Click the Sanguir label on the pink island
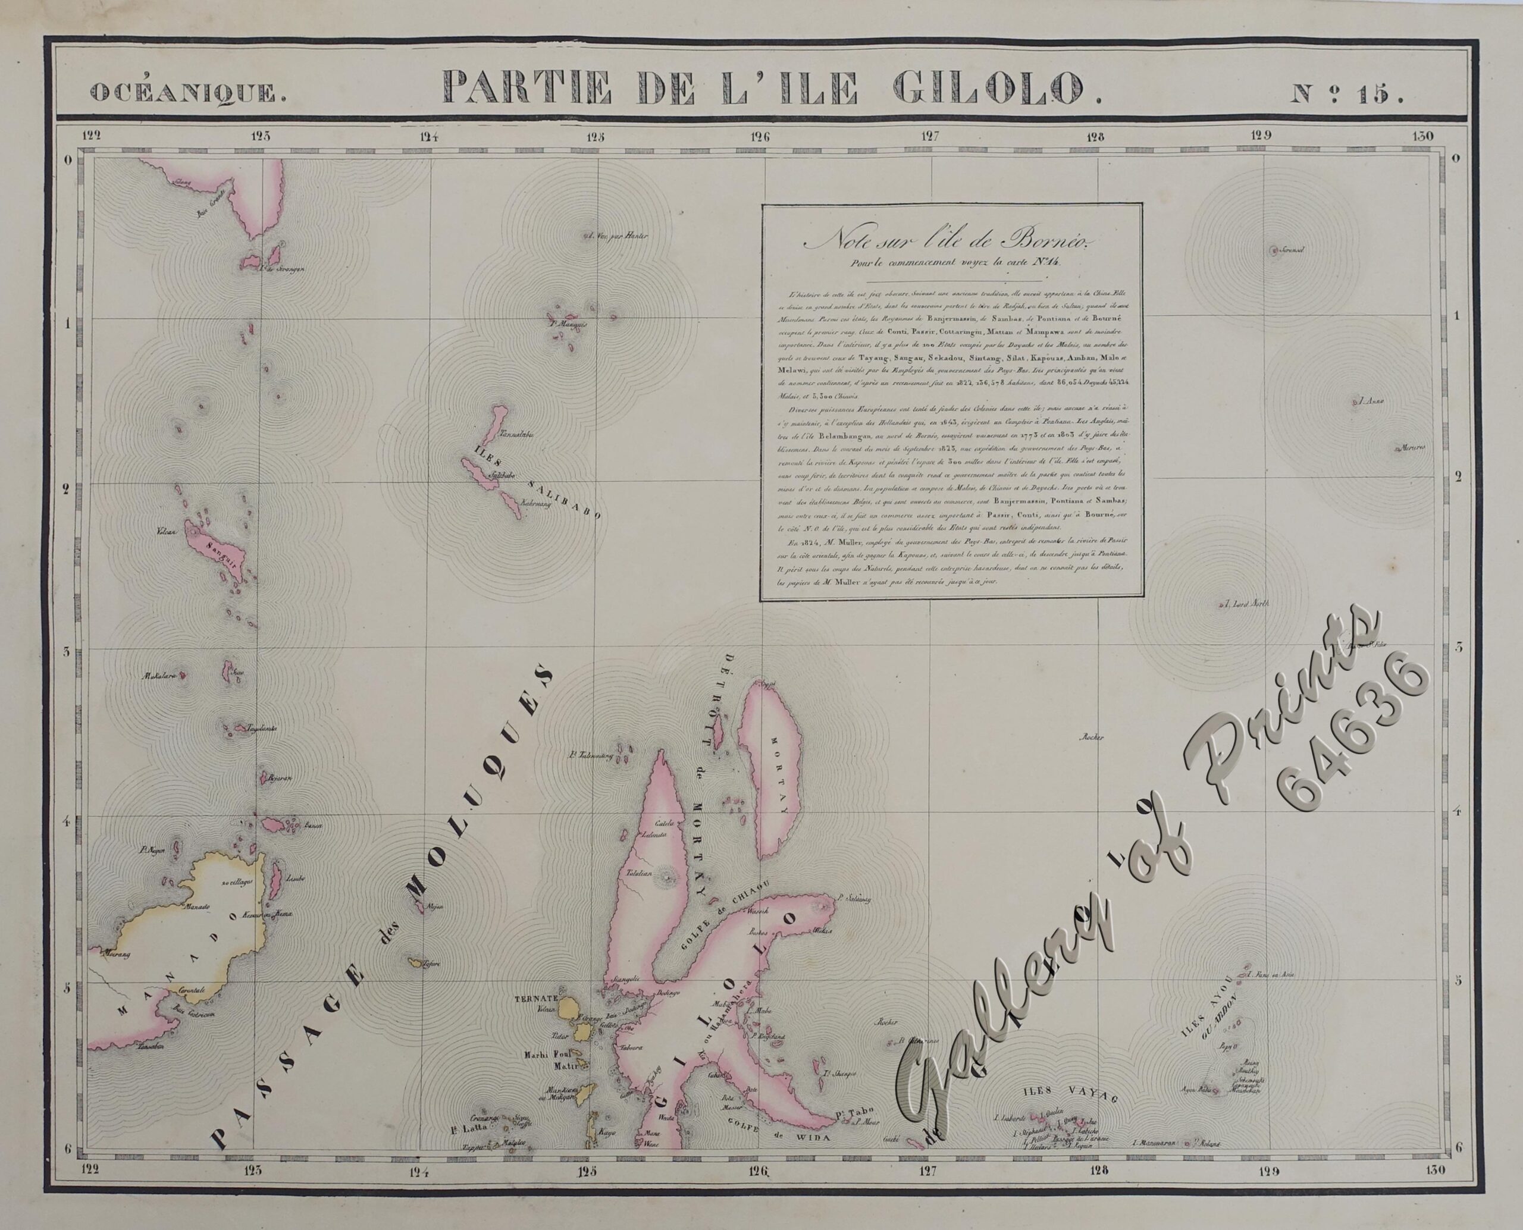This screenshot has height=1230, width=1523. click(x=218, y=548)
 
